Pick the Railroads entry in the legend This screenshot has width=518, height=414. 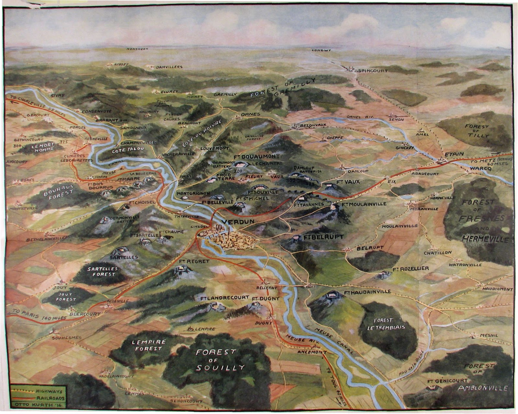(x=50, y=398)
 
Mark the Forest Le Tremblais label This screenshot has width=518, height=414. (x=386, y=323)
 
